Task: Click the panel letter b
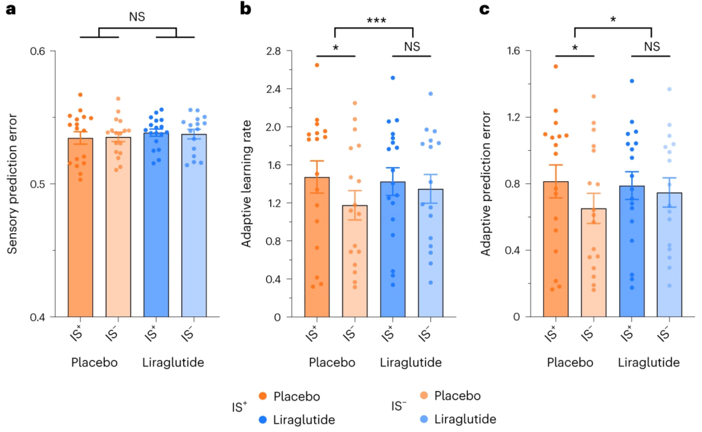click(246, 9)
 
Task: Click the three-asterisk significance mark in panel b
click(374, 20)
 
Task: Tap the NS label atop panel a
click(137, 18)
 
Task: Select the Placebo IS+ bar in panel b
click(317, 247)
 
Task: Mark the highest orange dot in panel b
click(317, 65)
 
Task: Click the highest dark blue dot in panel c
click(632, 81)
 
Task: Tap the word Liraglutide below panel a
click(173, 362)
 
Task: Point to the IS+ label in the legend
click(240, 407)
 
